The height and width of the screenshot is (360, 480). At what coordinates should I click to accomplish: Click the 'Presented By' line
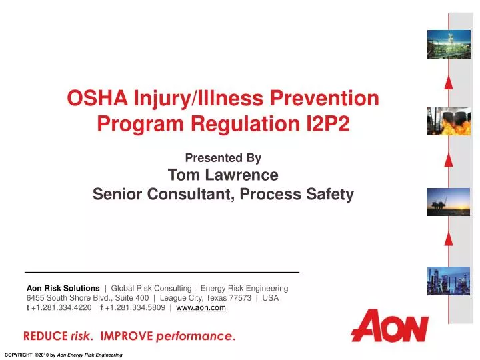click(x=223, y=158)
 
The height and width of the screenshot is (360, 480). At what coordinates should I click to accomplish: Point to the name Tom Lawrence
click(x=223, y=175)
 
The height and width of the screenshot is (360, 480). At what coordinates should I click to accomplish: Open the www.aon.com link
click(x=201, y=308)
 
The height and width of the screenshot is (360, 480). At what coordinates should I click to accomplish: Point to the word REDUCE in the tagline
click(x=45, y=335)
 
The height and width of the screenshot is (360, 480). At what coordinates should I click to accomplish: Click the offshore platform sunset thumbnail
click(x=440, y=201)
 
